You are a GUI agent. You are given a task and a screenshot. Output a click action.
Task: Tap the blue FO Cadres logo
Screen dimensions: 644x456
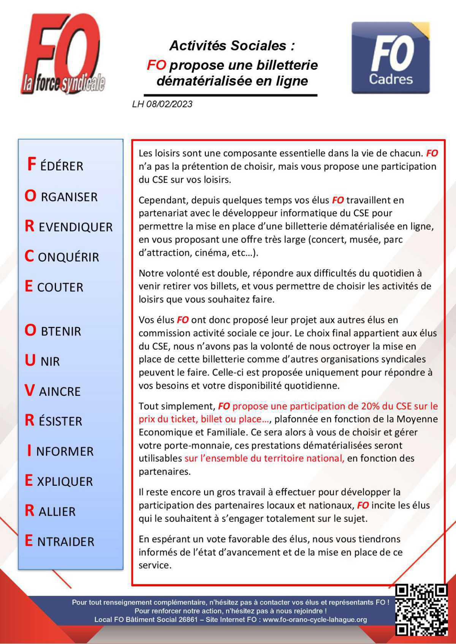[391, 58]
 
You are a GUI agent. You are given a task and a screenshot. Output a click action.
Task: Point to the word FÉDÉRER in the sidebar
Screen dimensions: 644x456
[55, 165]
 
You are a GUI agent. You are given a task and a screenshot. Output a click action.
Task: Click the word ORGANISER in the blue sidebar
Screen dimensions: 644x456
[61, 197]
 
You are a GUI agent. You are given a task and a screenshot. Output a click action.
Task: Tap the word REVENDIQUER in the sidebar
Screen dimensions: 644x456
[69, 227]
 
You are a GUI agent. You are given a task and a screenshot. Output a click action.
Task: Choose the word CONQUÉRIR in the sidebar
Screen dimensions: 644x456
[62, 257]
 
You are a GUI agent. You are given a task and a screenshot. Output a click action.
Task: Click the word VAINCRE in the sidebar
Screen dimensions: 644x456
[53, 391]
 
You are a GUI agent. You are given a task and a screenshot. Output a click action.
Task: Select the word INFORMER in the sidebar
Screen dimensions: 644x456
[60, 451]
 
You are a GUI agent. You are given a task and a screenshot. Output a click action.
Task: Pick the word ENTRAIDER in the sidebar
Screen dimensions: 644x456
[60, 541]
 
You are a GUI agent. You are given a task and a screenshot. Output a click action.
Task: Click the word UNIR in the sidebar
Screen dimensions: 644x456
[43, 361]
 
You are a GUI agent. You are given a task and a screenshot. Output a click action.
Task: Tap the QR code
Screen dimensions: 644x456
[421, 610]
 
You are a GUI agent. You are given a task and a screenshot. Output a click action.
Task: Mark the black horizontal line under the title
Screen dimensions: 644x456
[230, 95]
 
